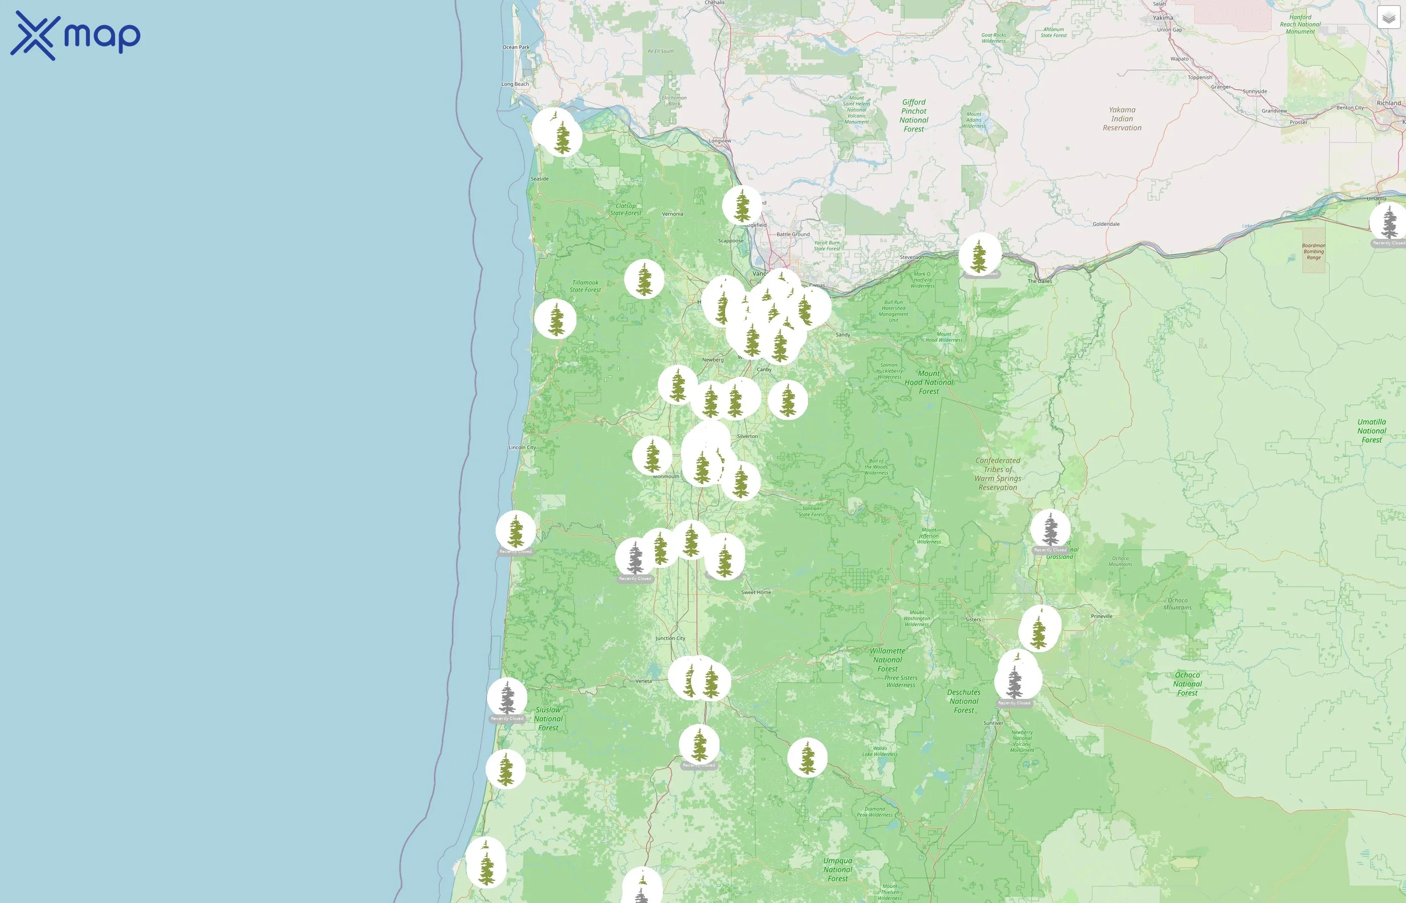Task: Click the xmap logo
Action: (75, 36)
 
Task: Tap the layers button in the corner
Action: (1388, 18)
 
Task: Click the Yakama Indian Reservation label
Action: (1122, 118)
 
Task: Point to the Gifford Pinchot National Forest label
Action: (914, 115)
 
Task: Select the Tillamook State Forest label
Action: (585, 286)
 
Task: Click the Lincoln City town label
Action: (522, 447)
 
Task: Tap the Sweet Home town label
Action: (756, 592)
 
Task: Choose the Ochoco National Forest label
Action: (1187, 684)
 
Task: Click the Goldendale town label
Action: (1106, 224)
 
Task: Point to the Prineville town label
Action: (1101, 616)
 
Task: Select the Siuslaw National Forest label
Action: (548, 718)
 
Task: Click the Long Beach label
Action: (515, 84)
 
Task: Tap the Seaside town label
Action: (539, 179)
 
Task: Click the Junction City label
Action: (670, 638)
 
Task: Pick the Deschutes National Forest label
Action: (964, 701)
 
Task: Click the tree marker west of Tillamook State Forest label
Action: (555, 319)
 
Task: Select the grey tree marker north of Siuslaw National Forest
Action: (507, 697)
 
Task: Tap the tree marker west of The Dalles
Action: (979, 254)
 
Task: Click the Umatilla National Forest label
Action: (1371, 431)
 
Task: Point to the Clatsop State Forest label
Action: (626, 209)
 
